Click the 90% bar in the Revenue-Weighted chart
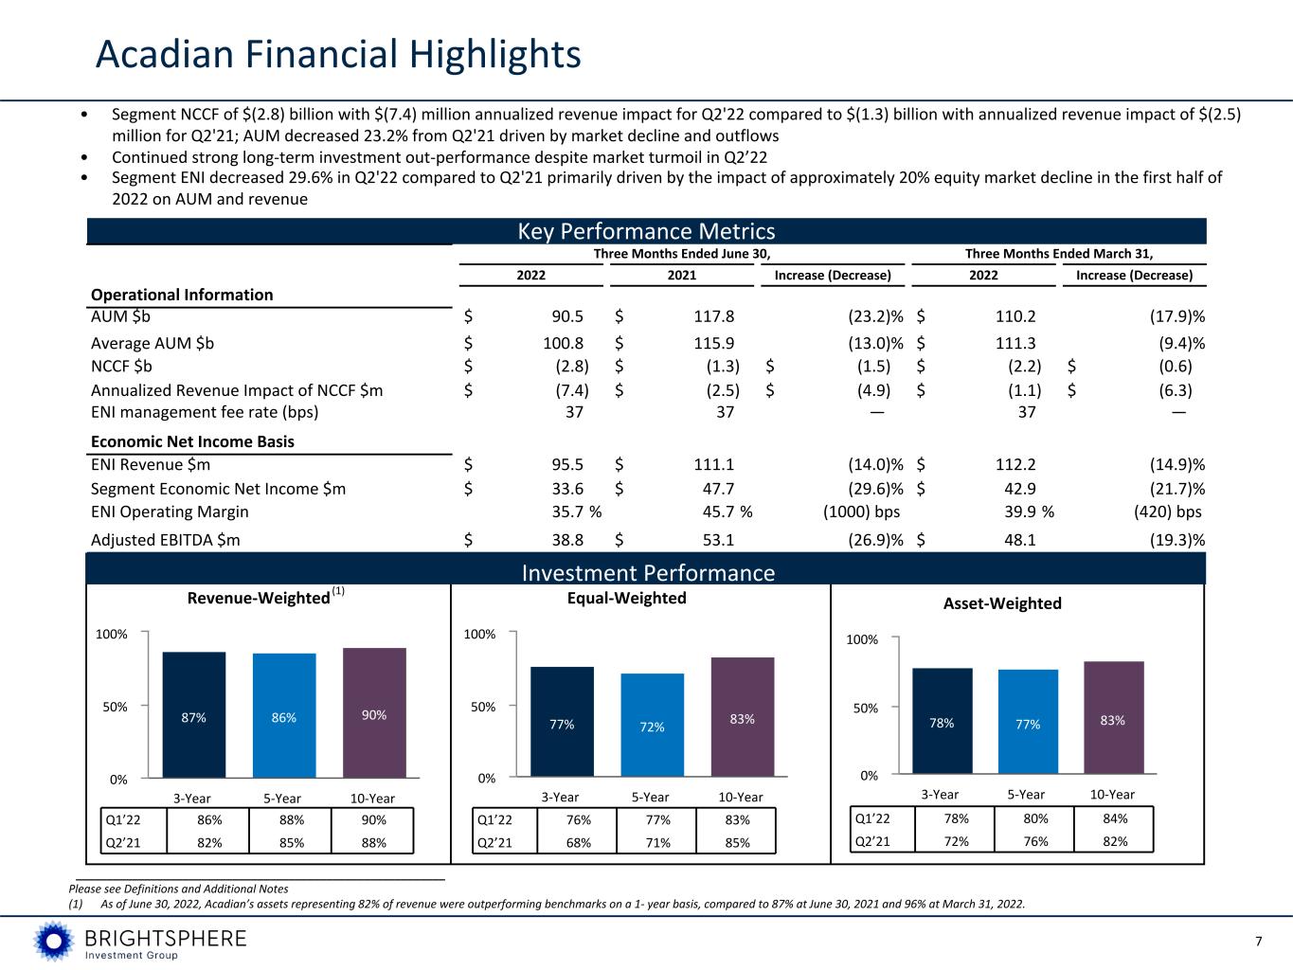pyautogui.click(x=374, y=712)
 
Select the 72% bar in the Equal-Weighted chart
pyautogui.click(x=652, y=725)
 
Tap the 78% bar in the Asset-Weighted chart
pyautogui.click(x=942, y=721)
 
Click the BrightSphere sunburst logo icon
pyautogui.click(x=54, y=941)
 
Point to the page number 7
pyautogui.click(x=1258, y=942)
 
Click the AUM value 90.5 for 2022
pyautogui.click(x=567, y=316)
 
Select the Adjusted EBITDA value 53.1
pyautogui.click(x=718, y=540)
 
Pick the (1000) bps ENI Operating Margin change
pyautogui.click(x=861, y=512)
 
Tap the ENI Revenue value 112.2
pyautogui.click(x=1015, y=465)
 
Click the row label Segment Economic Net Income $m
pyautogui.click(x=218, y=489)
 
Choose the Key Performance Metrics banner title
pyautogui.click(x=646, y=231)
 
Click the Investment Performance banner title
pyautogui.click(x=648, y=573)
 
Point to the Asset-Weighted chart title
pyautogui.click(x=1002, y=603)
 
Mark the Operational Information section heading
pyautogui.click(x=182, y=295)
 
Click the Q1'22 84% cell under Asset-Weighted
pyautogui.click(x=1115, y=818)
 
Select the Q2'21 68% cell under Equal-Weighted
pyautogui.click(x=578, y=843)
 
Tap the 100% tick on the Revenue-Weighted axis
pyautogui.click(x=112, y=635)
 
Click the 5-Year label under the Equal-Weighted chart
pyautogui.click(x=651, y=798)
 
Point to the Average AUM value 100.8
pyautogui.click(x=564, y=343)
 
